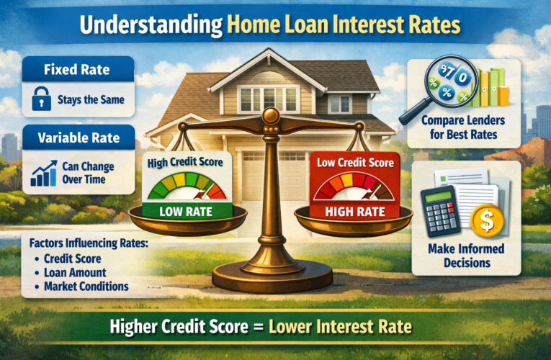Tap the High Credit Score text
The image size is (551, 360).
[186, 163]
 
